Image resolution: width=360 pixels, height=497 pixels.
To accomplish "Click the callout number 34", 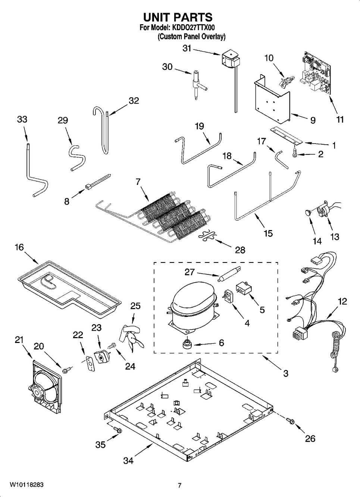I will pyautogui.click(x=128, y=461).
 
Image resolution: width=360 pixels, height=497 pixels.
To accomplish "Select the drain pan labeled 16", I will pyautogui.click(x=69, y=284).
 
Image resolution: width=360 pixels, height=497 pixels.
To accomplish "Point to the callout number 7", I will pyautogui.click(x=138, y=182).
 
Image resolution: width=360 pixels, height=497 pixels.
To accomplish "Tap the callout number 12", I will pyautogui.click(x=342, y=301).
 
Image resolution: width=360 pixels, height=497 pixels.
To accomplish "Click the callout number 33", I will pyautogui.click(x=22, y=119).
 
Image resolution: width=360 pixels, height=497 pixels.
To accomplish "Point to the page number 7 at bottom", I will pyautogui.click(x=179, y=485).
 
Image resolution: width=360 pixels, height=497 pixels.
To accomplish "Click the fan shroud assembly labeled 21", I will pyautogui.click(x=46, y=388).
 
